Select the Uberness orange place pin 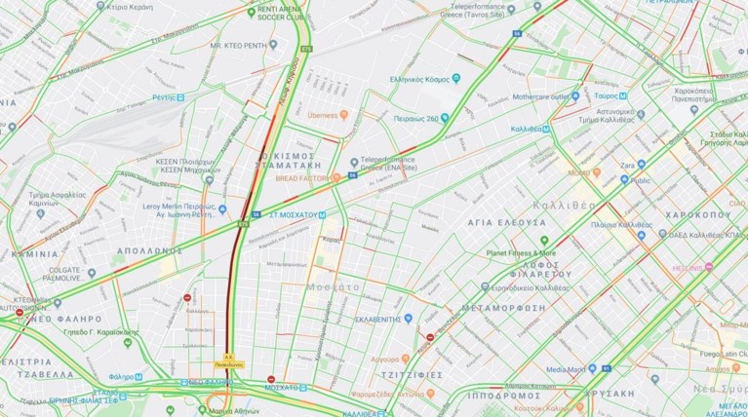coord(344,116)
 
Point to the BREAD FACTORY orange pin coord(336,177)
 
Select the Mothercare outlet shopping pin coord(575,96)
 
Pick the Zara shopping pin coord(642,166)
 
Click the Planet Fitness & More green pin coord(544,240)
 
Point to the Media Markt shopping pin coord(606,369)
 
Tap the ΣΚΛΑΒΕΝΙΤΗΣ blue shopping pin coord(409,319)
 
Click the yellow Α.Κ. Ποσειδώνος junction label coord(229,360)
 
